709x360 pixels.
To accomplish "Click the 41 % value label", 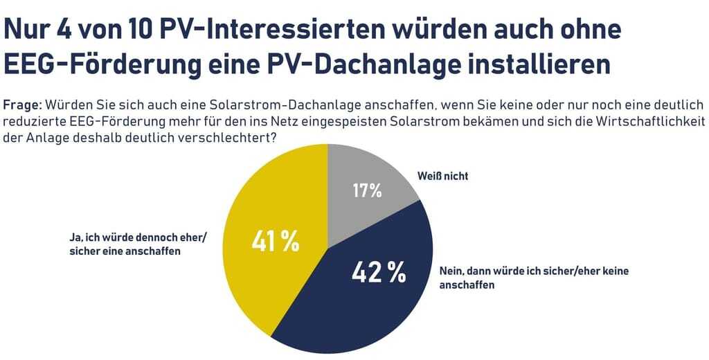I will tap(275, 241).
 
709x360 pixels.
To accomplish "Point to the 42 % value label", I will tap(378, 272).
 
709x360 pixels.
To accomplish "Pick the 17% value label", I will tap(367, 190).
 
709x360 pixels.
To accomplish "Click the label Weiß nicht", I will tap(443, 176).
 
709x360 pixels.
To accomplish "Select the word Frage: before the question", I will tap(23, 105).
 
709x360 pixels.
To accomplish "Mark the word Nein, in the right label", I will tap(454, 271).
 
